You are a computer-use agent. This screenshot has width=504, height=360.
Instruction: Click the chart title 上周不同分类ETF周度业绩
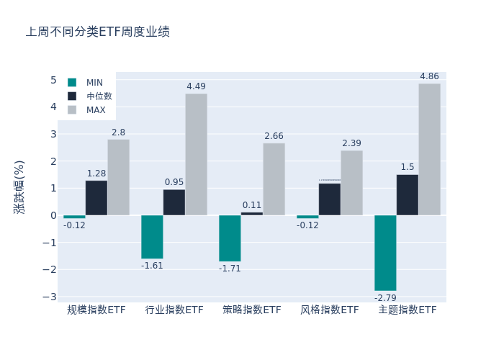tap(98, 32)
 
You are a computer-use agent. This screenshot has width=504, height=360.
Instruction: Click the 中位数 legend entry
tap(99, 96)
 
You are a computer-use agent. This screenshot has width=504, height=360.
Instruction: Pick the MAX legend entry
tap(95, 110)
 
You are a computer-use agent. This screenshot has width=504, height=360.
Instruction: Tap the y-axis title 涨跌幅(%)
tap(19, 186)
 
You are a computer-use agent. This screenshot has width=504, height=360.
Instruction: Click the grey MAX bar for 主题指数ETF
tap(429, 149)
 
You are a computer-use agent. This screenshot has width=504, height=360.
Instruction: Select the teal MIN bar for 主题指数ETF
tap(385, 253)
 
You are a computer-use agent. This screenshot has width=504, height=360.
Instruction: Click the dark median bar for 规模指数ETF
tap(96, 198)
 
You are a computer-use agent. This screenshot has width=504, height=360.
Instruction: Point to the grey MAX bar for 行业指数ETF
tap(196, 154)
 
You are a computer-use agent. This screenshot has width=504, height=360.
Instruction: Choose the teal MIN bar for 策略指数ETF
tap(230, 238)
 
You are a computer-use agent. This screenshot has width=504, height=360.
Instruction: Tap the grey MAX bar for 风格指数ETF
tap(351, 183)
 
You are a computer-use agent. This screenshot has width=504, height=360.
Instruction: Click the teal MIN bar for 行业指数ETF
tap(152, 237)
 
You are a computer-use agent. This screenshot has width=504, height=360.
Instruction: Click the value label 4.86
tap(429, 76)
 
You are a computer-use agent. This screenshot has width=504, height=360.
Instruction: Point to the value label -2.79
tap(385, 297)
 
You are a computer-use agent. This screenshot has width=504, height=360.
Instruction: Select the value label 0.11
tap(252, 205)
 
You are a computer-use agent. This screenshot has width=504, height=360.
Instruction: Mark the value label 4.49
tap(196, 86)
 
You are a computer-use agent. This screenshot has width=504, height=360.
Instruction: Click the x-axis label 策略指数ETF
tap(252, 310)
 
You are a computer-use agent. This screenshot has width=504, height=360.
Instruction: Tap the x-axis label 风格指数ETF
tap(330, 310)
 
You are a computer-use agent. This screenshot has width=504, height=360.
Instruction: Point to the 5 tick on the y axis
tap(53, 80)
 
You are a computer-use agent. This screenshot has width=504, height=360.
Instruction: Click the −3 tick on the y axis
tap(50, 297)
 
